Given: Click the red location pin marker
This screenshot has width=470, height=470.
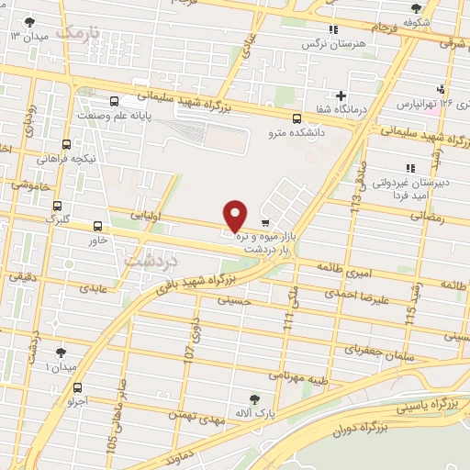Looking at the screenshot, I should (236, 216).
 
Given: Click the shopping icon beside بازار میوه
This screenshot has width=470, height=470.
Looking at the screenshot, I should (265, 223).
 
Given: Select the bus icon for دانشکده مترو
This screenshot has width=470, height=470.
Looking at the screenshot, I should (297, 117).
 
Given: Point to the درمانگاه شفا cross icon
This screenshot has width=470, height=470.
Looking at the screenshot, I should (341, 95).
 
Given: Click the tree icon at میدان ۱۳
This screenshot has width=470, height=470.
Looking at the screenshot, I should (32, 20).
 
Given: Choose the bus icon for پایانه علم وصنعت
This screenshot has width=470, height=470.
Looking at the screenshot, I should (114, 102).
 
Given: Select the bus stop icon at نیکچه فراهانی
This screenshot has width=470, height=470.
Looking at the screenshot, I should (66, 144).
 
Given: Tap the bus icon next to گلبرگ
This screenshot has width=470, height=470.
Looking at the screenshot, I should (58, 207).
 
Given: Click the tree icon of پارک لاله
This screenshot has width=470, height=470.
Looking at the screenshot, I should (255, 398).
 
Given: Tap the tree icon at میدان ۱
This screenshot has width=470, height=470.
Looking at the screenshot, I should (62, 352).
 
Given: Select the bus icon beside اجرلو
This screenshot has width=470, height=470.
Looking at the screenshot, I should (79, 387).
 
